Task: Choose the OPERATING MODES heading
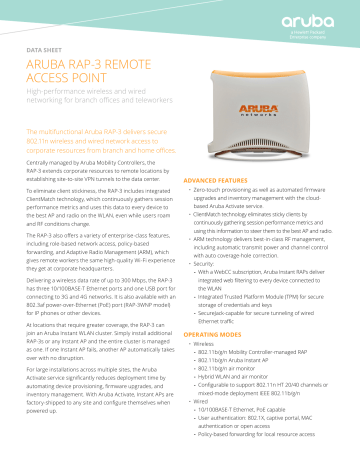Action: coord(206,333)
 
